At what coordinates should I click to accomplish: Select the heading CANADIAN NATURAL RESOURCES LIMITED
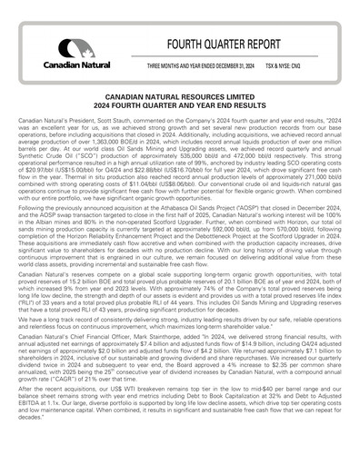pos(180,94)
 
